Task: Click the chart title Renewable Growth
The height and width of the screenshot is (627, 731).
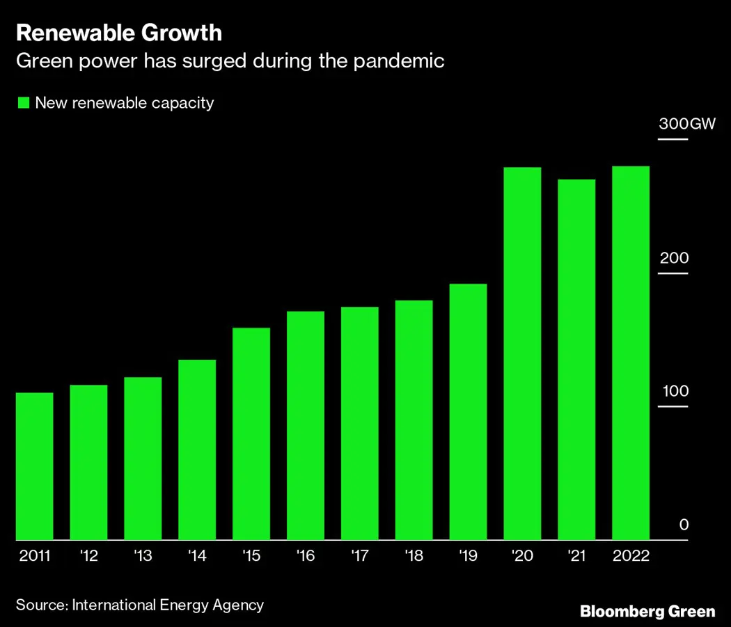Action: click(x=119, y=33)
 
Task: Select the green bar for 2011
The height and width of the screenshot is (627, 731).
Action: click(x=35, y=466)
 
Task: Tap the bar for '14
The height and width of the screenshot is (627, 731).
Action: click(x=197, y=450)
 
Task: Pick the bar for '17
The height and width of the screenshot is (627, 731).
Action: click(x=360, y=423)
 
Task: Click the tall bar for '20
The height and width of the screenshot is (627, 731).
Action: click(x=522, y=354)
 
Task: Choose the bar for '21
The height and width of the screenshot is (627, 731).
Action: click(x=576, y=360)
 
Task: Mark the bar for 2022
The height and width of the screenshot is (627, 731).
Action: click(x=631, y=353)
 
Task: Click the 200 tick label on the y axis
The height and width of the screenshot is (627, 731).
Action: click(x=673, y=258)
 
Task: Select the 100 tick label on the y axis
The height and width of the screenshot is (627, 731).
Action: click(x=673, y=391)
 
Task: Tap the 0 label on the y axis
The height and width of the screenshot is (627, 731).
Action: click(x=684, y=525)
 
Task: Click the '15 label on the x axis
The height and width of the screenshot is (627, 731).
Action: click(x=251, y=557)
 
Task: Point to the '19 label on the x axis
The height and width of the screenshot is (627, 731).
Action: click(x=468, y=557)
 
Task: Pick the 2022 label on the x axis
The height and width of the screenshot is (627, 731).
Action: click(x=631, y=557)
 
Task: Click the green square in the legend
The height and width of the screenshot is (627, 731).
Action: click(x=23, y=103)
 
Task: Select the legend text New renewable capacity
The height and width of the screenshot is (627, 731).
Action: click(x=124, y=103)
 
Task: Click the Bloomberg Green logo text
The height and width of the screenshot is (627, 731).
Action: click(x=647, y=612)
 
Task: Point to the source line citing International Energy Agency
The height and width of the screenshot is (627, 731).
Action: click(x=140, y=604)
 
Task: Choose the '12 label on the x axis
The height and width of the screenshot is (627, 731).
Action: click(x=88, y=557)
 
